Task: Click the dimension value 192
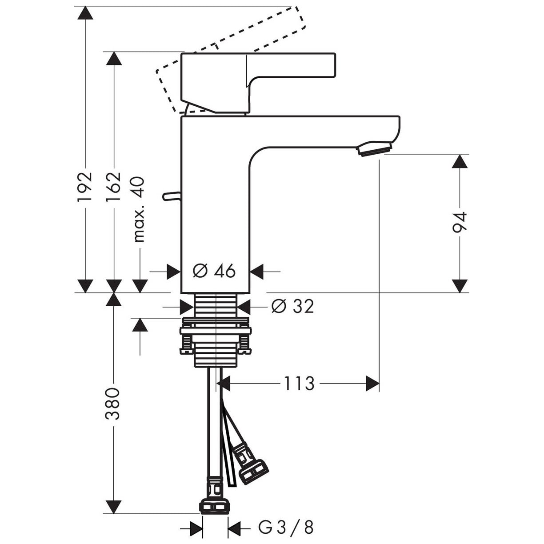pos(85,186)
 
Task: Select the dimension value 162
pos(113,186)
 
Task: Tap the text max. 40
pos(139,209)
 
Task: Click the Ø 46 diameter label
pos(214,271)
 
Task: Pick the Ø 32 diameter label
pos(292,306)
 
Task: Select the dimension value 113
pos(299,384)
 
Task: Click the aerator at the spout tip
pos(375,149)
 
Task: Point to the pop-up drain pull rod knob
pos(171,196)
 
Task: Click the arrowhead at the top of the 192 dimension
pos(85,13)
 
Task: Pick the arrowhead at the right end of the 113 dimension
pos(372,384)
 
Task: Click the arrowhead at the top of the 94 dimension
pos(460,161)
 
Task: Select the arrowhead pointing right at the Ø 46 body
pos(174,272)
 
